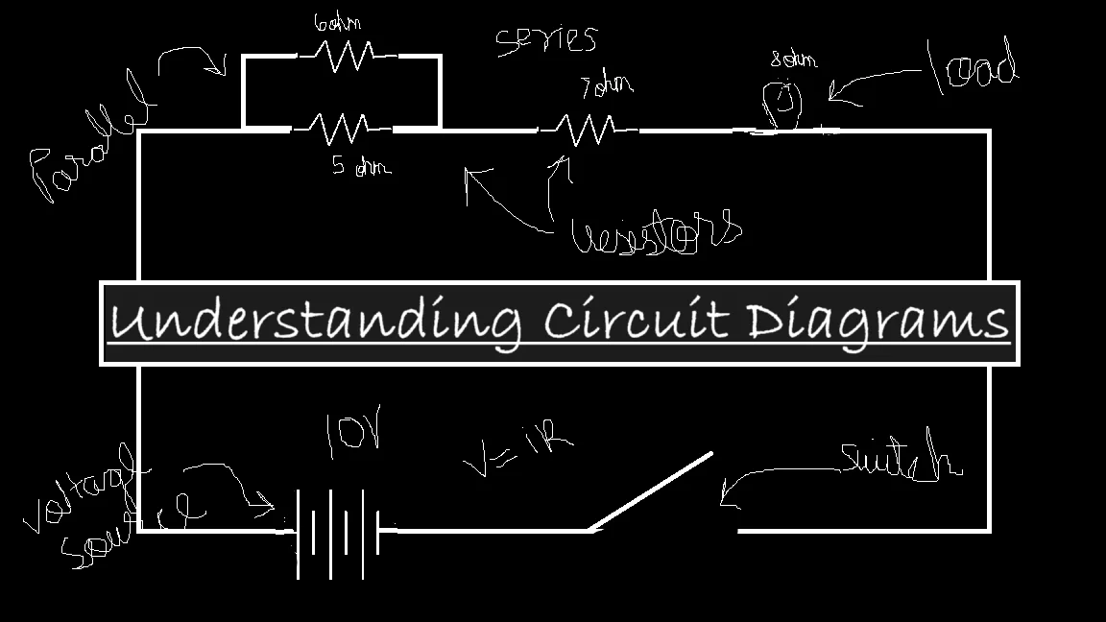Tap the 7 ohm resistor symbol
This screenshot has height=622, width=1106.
click(587, 129)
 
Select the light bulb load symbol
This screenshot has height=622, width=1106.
click(781, 105)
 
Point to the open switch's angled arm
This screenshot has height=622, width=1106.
click(651, 491)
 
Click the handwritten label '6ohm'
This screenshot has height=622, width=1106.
click(337, 24)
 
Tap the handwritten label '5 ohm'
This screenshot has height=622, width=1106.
click(361, 167)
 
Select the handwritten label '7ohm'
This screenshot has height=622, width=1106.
click(607, 86)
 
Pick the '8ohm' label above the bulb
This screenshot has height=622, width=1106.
click(793, 60)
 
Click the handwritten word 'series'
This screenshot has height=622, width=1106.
click(546, 40)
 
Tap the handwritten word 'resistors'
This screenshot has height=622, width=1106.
click(657, 233)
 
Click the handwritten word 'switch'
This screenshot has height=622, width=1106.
click(900, 460)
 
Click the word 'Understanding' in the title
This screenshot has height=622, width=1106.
click(316, 322)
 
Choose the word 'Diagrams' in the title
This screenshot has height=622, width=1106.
click(878, 323)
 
